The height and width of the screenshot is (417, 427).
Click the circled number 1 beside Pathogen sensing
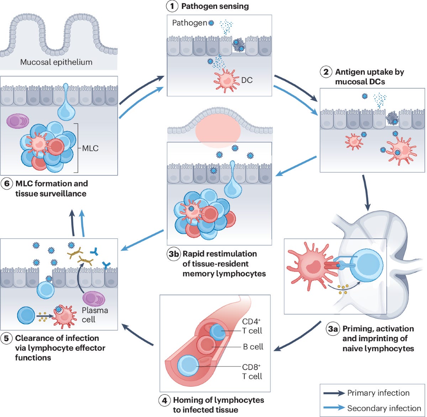pyautogui.click(x=172, y=6)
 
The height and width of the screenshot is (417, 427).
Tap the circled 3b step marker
pyautogui.click(x=174, y=254)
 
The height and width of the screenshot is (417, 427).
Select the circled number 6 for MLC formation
pyautogui.click(x=6, y=184)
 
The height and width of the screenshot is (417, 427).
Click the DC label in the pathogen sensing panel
pyautogui.click(x=247, y=80)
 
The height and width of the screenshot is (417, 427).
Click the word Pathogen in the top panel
pyautogui.click(x=189, y=23)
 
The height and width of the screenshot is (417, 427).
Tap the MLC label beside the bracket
pyautogui.click(x=90, y=148)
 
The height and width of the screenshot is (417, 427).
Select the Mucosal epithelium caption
pyautogui.click(x=56, y=62)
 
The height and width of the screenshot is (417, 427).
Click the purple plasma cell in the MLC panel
pyautogui.click(x=17, y=121)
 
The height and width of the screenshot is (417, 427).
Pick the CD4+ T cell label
pyautogui.click(x=252, y=326)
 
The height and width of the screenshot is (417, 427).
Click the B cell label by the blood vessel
pyautogui.click(x=253, y=347)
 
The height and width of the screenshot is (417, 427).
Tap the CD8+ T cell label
pyautogui.click(x=252, y=371)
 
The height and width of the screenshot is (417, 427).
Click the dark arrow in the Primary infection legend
pyautogui.click(x=334, y=393)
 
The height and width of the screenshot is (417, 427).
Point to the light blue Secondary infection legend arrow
pyautogui.click(x=334, y=408)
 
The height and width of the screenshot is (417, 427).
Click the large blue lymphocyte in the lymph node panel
pyautogui.click(x=367, y=265)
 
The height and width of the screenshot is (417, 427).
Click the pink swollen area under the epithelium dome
pyautogui.click(x=218, y=130)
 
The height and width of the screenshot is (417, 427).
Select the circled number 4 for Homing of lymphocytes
pyautogui.click(x=164, y=400)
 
